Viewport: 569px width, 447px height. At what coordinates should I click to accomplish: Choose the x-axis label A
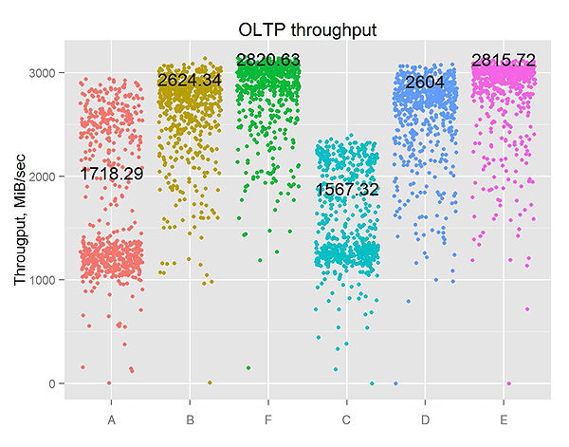click(x=112, y=419)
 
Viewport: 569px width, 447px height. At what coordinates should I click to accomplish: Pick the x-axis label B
click(x=190, y=419)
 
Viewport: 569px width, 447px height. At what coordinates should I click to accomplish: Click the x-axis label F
click(x=268, y=419)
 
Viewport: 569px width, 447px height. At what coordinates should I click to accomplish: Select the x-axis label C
click(x=347, y=419)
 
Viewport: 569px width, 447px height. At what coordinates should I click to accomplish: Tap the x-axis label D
click(x=426, y=419)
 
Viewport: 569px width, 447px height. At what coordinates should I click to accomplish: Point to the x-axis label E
click(x=505, y=419)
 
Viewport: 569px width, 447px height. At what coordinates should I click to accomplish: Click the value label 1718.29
click(x=112, y=175)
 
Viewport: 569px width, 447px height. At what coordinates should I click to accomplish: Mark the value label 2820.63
click(x=268, y=61)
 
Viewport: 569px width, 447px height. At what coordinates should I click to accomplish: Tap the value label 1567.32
click(x=347, y=190)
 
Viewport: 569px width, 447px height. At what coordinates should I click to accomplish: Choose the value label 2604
click(x=426, y=83)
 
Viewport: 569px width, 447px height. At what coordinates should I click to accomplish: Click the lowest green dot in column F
click(x=248, y=368)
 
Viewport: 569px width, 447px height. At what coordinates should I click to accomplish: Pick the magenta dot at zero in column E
click(x=509, y=383)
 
